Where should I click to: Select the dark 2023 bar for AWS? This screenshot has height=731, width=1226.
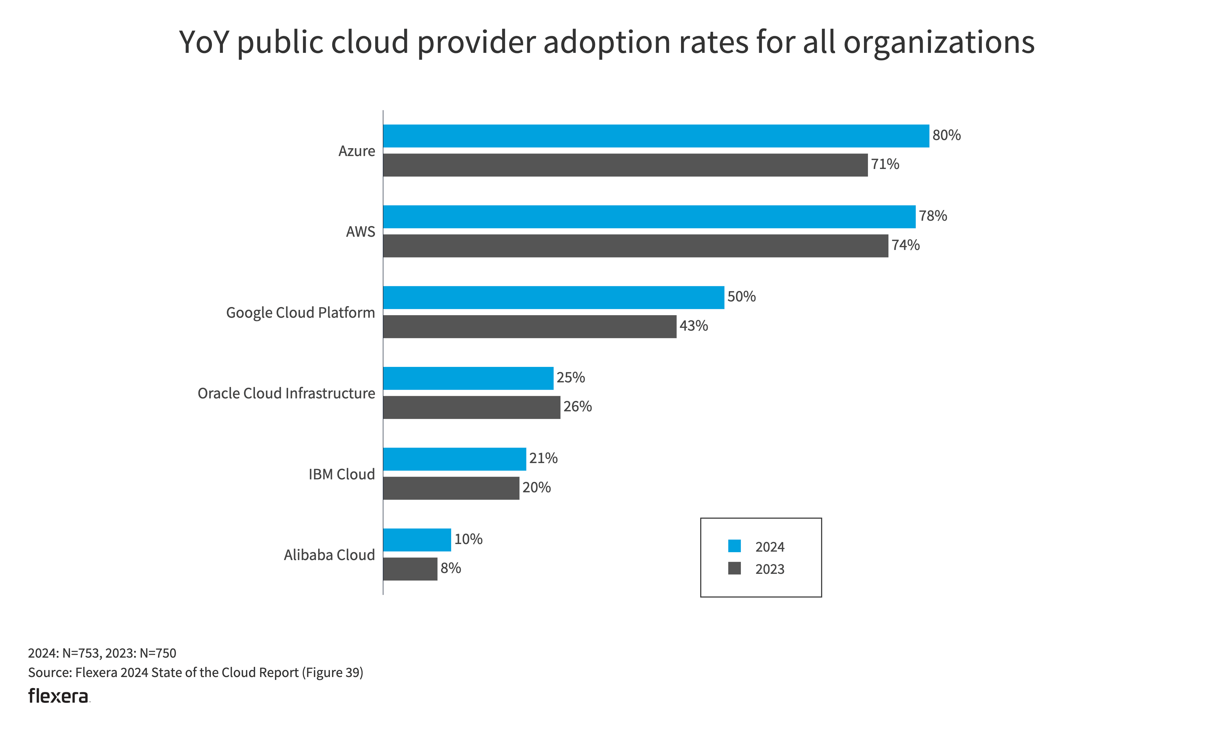(635, 246)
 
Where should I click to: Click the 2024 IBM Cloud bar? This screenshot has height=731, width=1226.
(454, 459)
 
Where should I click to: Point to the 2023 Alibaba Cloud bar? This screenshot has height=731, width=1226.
(410, 569)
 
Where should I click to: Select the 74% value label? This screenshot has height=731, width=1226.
(906, 245)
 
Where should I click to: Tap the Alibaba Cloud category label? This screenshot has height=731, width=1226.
(329, 555)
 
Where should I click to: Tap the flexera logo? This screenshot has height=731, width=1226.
(58, 696)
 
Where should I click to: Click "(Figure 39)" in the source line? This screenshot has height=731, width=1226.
(332, 673)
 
